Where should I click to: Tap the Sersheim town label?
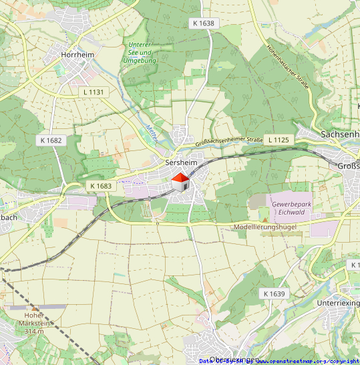tap(182, 162)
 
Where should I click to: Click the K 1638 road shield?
tap(203, 23)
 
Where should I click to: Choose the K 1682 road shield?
tap(51, 140)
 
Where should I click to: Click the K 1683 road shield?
tap(100, 186)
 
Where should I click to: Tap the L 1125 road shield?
tap(279, 140)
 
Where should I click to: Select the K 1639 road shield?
tap(274, 293)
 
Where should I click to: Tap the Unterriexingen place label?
tap(338, 303)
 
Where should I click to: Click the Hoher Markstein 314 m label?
tap(33, 323)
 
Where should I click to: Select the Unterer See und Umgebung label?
tap(140, 53)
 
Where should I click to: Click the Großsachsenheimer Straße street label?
tap(229, 141)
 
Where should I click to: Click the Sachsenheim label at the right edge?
tap(340, 134)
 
